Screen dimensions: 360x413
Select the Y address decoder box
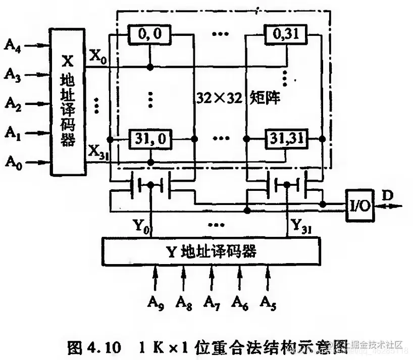(211, 251)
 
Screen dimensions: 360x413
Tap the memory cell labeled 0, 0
(149, 34)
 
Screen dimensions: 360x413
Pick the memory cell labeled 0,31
(287, 34)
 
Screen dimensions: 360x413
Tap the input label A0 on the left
(14, 162)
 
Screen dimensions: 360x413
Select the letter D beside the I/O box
(387, 194)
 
